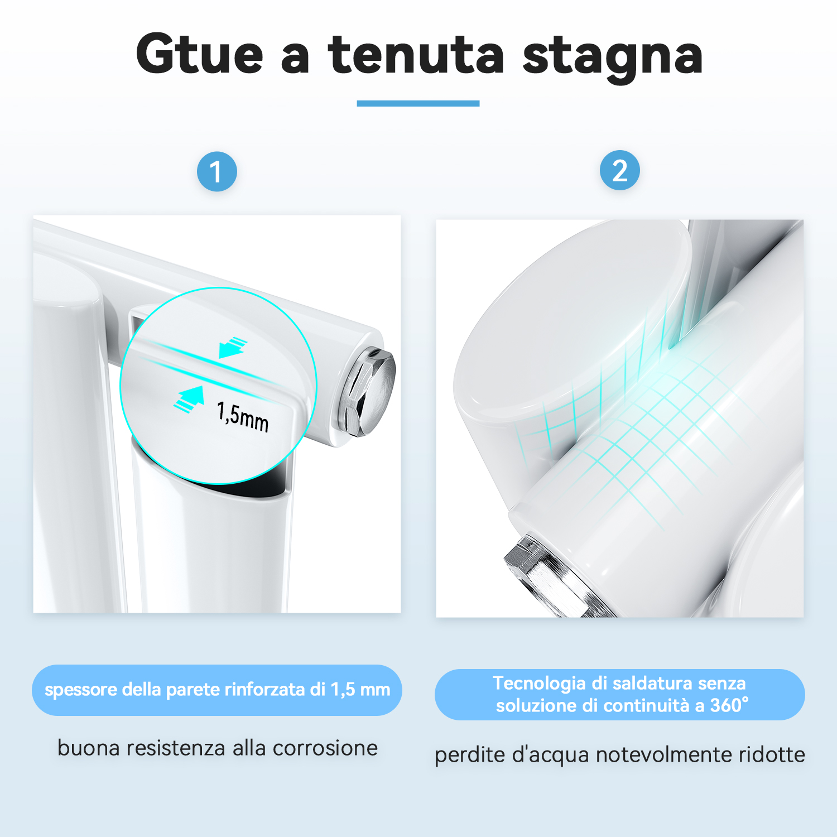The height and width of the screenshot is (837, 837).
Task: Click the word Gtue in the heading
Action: click(199, 54)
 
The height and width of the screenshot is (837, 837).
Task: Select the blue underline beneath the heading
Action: click(418, 103)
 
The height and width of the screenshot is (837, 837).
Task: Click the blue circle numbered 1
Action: click(217, 171)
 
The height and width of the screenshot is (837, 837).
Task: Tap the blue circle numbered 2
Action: click(619, 170)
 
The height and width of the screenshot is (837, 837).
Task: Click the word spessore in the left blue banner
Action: click(81, 690)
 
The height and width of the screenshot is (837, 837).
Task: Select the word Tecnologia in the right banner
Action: click(540, 684)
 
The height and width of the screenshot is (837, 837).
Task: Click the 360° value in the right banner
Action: click(729, 705)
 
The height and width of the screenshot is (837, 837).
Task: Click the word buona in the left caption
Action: click(89, 748)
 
